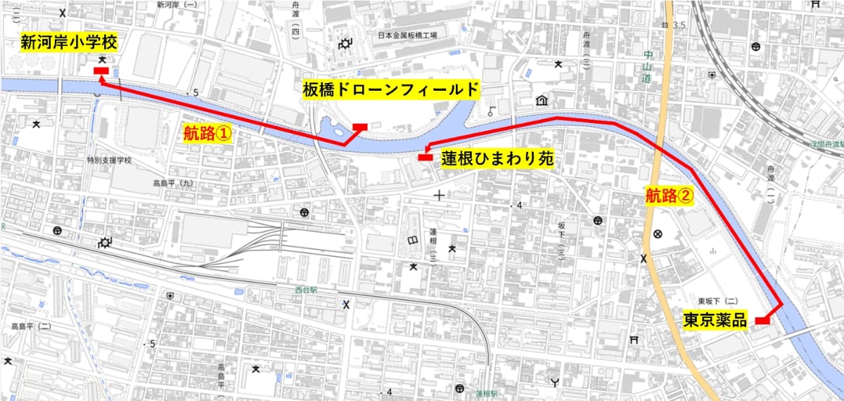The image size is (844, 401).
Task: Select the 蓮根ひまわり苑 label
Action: pos(497,159)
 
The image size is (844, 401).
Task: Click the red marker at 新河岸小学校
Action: pos(100,70)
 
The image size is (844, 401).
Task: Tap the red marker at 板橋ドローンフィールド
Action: pos(359,127)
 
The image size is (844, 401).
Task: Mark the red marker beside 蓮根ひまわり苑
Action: pos(424,158)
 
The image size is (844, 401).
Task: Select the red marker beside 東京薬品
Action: pos(762,321)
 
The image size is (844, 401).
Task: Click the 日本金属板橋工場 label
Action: pos(407,34)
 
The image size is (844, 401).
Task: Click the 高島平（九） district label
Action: pos(173,184)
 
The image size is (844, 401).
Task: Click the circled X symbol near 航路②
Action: pos(658,234)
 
